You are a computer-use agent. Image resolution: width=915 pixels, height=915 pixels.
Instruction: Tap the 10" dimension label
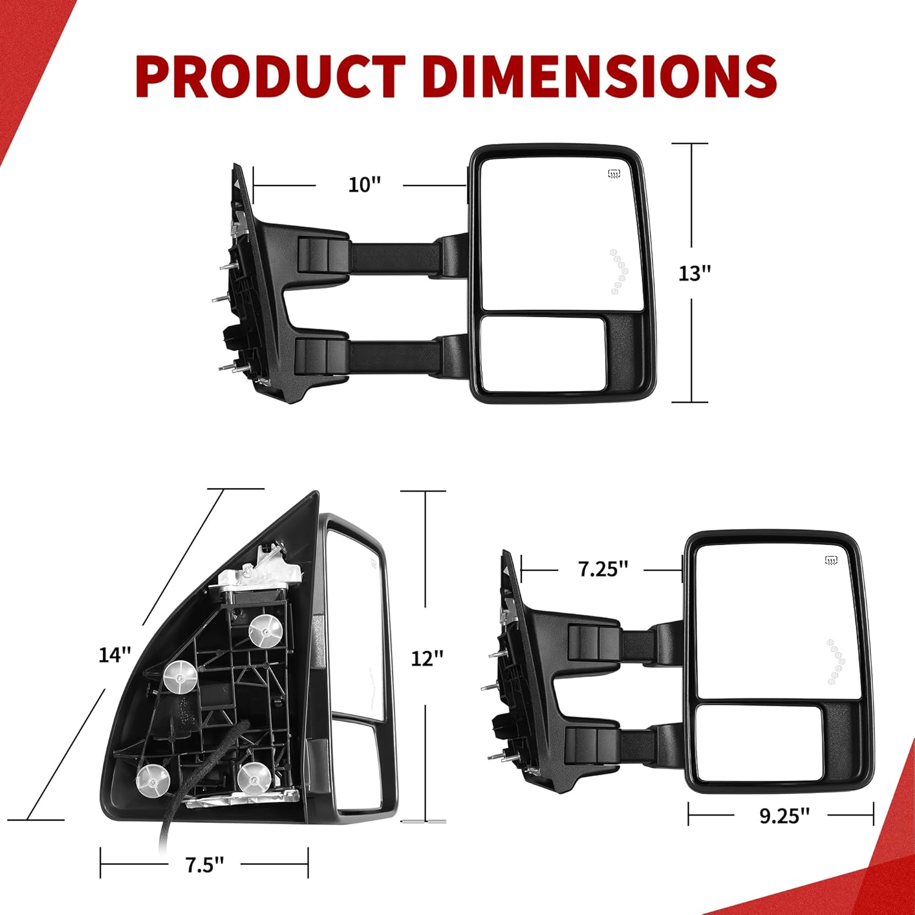364,184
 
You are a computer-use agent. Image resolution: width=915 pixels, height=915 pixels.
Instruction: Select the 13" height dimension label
695,273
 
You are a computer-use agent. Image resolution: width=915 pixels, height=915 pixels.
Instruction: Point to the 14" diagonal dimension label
115,655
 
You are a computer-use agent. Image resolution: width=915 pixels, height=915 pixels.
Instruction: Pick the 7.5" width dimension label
204,864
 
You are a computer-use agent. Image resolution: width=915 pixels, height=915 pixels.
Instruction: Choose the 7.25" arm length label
603,569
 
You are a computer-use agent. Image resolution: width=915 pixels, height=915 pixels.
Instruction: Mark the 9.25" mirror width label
784,816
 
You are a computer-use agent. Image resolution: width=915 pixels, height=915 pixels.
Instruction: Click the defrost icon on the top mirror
614,174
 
